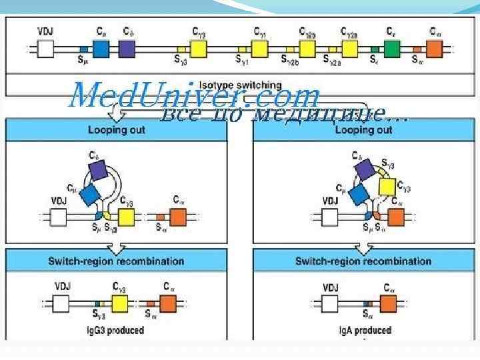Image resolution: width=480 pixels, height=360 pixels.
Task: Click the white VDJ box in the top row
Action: click(x=46, y=49)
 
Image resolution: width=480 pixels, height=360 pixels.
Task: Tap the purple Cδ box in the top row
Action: click(x=127, y=48)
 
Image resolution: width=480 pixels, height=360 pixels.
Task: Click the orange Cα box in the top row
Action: click(x=434, y=49)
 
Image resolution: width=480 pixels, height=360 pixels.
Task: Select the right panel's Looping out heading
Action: click(x=363, y=130)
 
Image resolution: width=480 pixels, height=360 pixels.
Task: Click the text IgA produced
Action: click(x=363, y=330)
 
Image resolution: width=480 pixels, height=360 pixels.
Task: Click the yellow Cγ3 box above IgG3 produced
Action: click(x=120, y=304)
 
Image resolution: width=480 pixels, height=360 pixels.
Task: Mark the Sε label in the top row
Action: click(x=375, y=59)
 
